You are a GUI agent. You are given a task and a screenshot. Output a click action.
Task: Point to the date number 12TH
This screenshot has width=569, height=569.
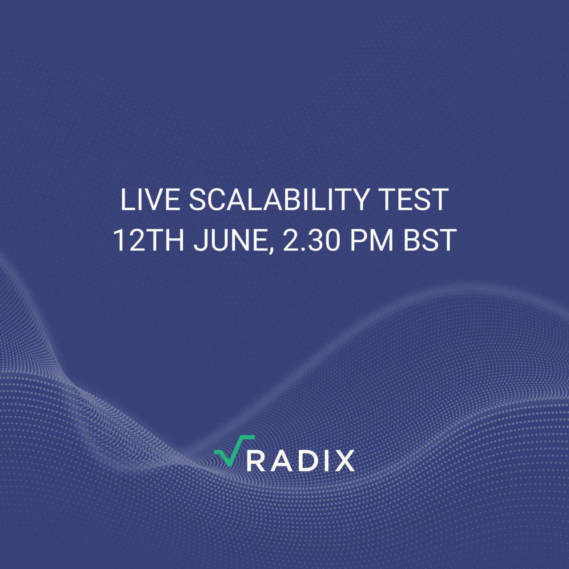(x=148, y=240)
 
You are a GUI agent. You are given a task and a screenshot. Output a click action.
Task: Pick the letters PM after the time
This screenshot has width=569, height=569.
(x=372, y=240)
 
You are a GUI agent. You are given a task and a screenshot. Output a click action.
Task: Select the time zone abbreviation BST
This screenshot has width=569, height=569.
(x=429, y=240)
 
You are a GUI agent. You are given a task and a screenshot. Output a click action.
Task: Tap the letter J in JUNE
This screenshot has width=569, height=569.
(x=200, y=240)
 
